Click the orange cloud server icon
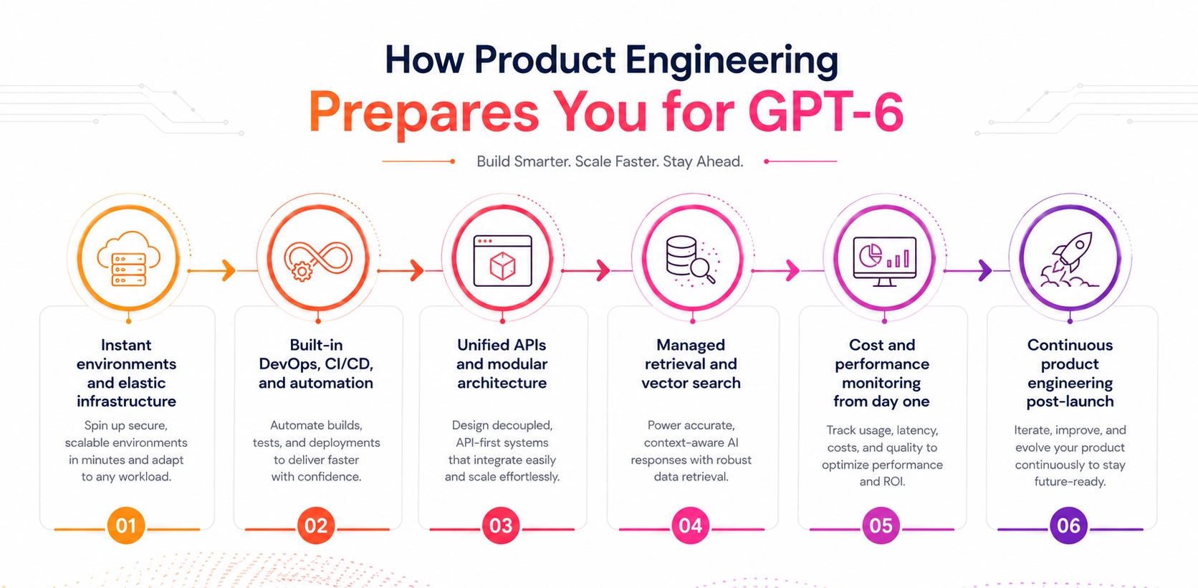(128, 259)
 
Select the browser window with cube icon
(503, 260)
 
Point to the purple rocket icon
(1069, 260)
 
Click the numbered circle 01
(126, 526)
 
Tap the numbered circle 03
(501, 526)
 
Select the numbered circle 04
(691, 526)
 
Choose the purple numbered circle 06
(1068, 526)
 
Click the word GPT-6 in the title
(825, 111)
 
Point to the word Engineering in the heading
(732, 60)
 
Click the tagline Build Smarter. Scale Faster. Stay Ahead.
(610, 161)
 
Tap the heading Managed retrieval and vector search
(691, 364)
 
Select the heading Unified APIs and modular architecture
(502, 364)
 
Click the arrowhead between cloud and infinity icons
(229, 271)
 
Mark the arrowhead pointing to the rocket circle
(985, 271)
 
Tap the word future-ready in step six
(1070, 482)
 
